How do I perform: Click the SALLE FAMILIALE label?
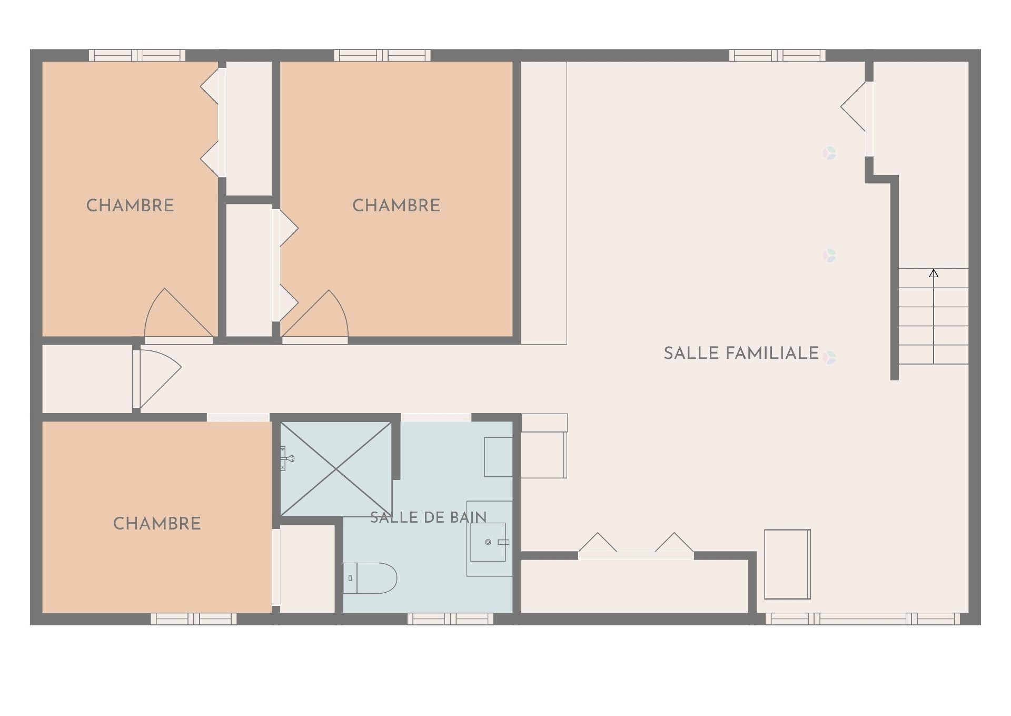point(741,353)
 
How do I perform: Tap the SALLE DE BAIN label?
point(428,517)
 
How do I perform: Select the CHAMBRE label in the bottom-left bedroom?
point(157,524)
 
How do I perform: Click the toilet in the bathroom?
point(370,578)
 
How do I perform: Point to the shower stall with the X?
point(336,469)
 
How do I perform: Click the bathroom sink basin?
point(488,542)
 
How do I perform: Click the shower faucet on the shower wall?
point(286,458)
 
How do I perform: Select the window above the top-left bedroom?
point(137,55)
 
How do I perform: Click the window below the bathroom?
point(450,619)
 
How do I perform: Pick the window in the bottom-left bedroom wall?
point(194,619)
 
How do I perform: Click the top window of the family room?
point(777,55)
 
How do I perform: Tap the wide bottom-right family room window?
point(863,619)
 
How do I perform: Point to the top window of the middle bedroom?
point(382,55)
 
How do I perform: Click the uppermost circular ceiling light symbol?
point(829,153)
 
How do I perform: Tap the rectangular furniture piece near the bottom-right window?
point(787,564)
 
